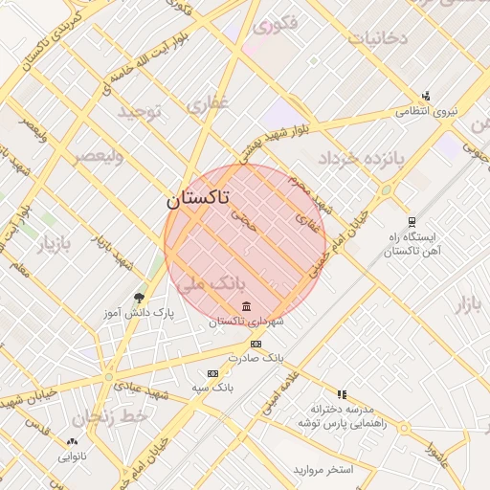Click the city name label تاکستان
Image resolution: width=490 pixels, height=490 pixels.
coord(198,199)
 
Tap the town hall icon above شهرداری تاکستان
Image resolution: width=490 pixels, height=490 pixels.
coord(247,306)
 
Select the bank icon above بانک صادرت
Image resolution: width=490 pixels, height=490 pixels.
coord(256,344)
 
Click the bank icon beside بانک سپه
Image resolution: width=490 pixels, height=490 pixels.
coord(212,373)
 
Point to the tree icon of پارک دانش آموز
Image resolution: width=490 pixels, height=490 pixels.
coord(140,298)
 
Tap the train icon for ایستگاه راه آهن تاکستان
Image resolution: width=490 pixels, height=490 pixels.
coord(411,221)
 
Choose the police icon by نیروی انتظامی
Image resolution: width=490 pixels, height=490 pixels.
coord(425,96)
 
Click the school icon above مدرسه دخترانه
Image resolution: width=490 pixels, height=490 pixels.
coord(342,393)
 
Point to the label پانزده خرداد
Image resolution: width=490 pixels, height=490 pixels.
coord(363,156)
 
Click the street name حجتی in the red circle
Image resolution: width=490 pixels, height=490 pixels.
coord(244,222)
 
